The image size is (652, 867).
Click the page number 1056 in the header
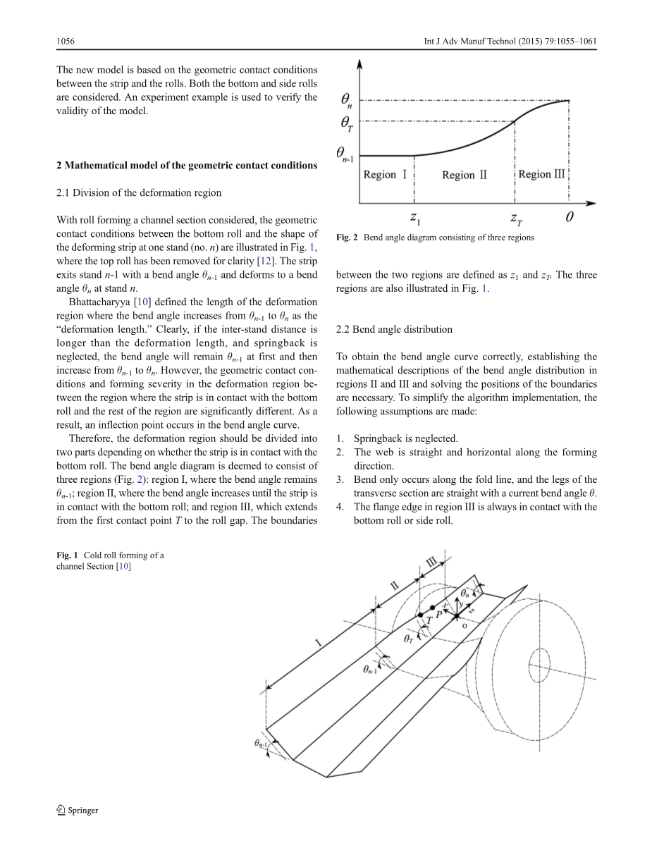point(66,42)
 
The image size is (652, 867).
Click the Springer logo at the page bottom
point(77,810)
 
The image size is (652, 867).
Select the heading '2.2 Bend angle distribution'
point(394,329)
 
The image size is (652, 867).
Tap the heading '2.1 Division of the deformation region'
point(138,192)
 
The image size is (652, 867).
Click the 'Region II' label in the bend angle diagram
point(464,175)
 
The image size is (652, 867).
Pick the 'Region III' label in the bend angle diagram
point(541,174)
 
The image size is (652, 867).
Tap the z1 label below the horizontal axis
point(416,217)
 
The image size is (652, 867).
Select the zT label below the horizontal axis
point(517,218)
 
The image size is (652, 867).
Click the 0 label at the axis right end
point(569,217)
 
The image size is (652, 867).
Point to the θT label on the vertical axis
point(347,123)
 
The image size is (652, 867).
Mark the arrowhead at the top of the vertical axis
point(360,63)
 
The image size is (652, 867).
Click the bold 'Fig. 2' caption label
point(347,238)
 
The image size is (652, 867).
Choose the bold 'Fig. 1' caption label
point(68,555)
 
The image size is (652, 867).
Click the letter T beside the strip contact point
point(429,620)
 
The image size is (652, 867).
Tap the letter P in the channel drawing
point(438,614)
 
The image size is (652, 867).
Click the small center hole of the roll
point(539,663)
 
